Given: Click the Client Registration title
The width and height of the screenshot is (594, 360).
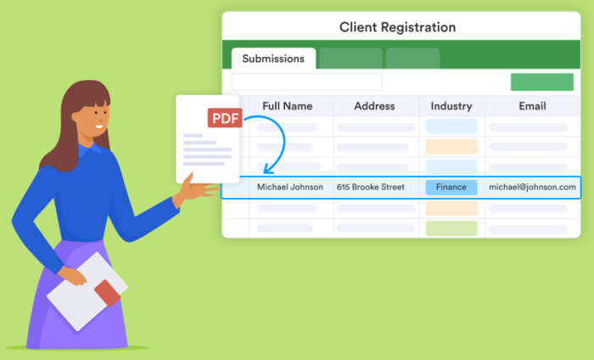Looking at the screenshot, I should pos(397,27).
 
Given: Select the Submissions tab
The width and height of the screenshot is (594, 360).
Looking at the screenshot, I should pos(273,59).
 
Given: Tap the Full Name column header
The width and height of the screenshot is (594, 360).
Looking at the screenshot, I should pos(287,106).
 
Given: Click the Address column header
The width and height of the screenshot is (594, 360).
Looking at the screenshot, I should pos(374,106).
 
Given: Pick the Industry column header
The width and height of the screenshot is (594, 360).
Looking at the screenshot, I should pos(451,106).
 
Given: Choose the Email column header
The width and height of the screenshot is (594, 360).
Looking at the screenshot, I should pos(532,106).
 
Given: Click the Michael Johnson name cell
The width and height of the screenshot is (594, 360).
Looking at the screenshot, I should pos(290,187).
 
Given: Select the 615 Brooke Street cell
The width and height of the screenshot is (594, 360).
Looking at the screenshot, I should pos(370,187).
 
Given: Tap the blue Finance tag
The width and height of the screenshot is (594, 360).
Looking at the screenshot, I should pos(451,187).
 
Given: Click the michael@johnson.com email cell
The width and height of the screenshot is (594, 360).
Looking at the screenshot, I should pos(532,187).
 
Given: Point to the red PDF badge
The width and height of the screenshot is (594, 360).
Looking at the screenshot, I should pos(225,118).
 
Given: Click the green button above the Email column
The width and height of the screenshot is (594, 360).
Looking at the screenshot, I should pos(541,82).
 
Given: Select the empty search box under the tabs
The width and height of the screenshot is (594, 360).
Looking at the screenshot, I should pos(306,82).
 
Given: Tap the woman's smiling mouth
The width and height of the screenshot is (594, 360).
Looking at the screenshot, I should pos(99,126).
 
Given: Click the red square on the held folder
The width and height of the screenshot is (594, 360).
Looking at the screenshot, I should pos(107,293).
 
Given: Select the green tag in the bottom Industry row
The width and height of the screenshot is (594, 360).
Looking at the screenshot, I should pos(451,228).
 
